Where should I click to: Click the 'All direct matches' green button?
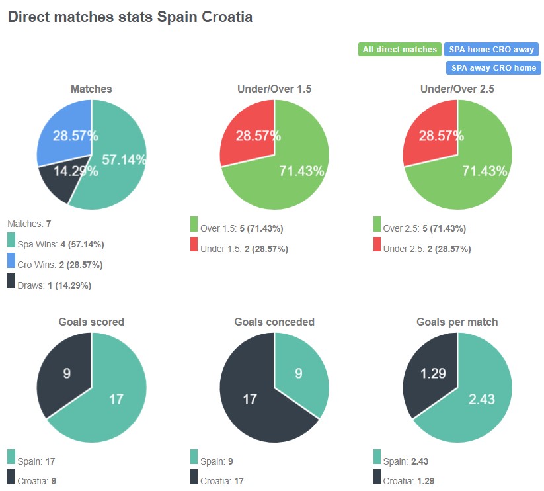pos(400,50)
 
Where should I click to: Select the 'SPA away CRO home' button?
pos(493,68)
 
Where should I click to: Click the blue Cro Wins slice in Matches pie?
pos(63,132)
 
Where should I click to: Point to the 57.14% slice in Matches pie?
pos(119,162)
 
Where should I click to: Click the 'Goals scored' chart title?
pos(91,322)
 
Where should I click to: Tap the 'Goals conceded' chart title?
pos(274,322)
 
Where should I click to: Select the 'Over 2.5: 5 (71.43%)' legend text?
pos(424,228)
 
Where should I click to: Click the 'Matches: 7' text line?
pos(28,224)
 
